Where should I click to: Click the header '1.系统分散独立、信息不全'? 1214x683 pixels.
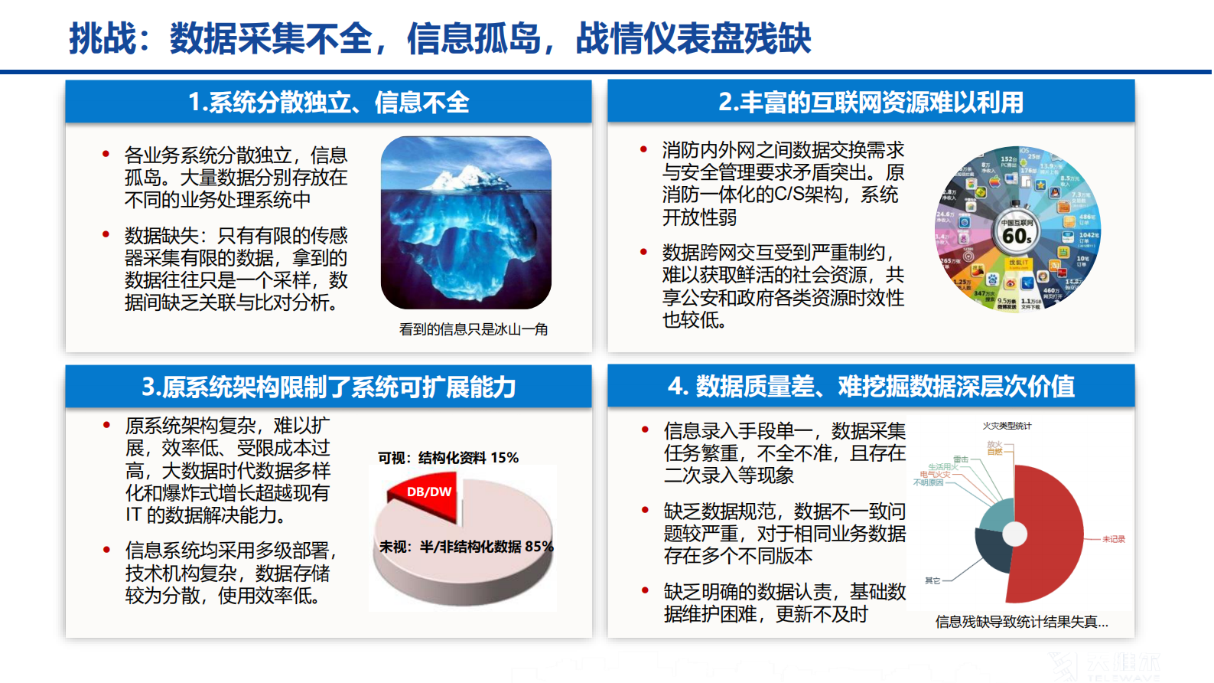[x=328, y=102]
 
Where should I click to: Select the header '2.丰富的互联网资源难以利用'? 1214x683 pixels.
[x=871, y=102]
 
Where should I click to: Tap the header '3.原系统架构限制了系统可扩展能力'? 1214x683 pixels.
[x=328, y=387]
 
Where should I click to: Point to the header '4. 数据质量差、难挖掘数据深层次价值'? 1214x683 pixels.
[x=871, y=387]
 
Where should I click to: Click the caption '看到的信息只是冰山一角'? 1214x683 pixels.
[x=473, y=329]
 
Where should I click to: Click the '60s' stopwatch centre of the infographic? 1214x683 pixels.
[x=1017, y=234]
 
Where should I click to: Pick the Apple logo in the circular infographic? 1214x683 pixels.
[x=994, y=182]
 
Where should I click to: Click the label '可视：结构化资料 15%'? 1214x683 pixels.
[x=448, y=458]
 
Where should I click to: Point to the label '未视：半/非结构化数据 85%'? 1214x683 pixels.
[x=466, y=547]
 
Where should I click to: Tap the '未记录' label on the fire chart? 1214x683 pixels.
[x=1113, y=539]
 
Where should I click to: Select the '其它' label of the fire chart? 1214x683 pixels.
[x=932, y=580]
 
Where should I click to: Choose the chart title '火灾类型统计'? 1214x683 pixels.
[x=1007, y=426]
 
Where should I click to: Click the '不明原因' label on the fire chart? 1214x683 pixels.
[x=928, y=482]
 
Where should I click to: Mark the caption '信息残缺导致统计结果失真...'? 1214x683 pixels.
[x=1021, y=622]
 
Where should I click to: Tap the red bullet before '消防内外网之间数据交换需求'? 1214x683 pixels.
[x=644, y=149]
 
